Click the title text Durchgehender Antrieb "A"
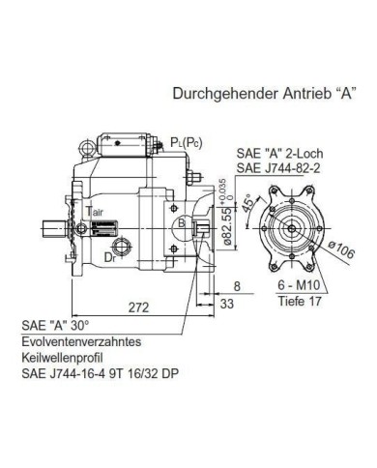point(265,94)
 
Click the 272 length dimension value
point(139,307)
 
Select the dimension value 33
point(227,304)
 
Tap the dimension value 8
point(237,286)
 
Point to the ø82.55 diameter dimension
point(227,226)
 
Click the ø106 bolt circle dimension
point(341,249)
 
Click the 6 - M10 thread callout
point(299,285)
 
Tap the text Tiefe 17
point(300,301)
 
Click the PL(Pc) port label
point(187,143)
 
